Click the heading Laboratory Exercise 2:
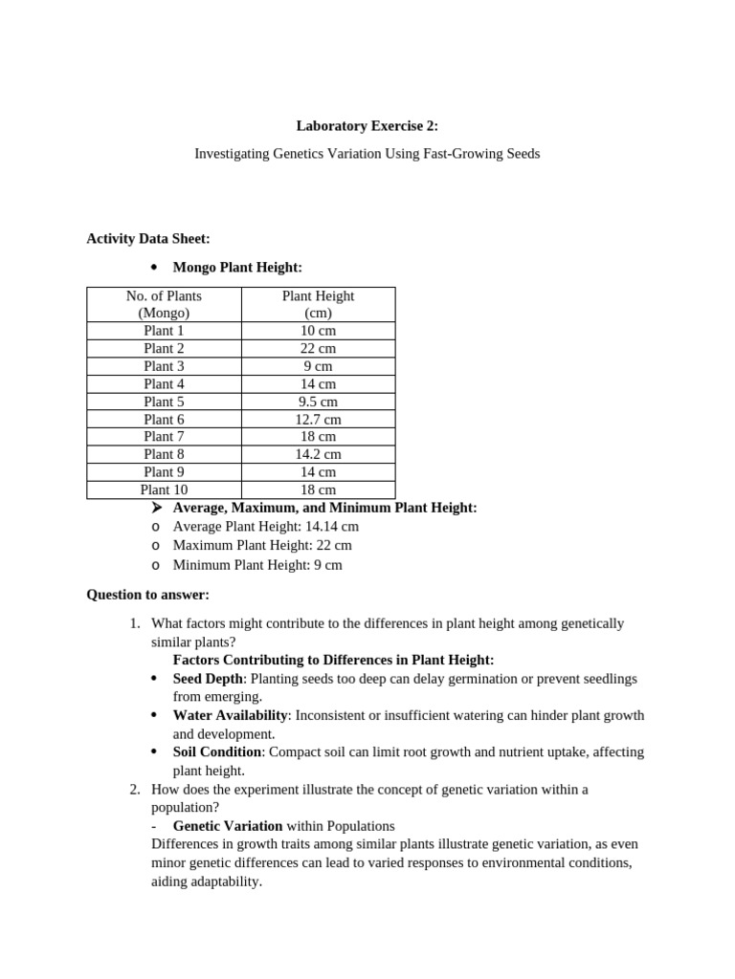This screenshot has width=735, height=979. [x=367, y=125]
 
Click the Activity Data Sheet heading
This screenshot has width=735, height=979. [x=147, y=238]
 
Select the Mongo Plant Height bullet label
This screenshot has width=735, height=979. [x=237, y=268]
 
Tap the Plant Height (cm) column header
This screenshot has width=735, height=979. [x=318, y=304]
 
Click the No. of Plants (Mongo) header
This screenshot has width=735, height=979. [x=164, y=304]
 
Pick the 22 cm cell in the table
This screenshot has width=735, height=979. [x=318, y=349]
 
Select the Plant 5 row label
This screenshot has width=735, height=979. [x=164, y=402]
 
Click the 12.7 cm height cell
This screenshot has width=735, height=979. [x=318, y=419]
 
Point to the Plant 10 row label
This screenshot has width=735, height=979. [x=164, y=489]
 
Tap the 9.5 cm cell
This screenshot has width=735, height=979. [x=318, y=402]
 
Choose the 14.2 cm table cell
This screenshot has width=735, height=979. [x=318, y=454]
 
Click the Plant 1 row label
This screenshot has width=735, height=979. [x=164, y=331]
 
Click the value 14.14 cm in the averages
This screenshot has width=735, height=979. [x=332, y=526]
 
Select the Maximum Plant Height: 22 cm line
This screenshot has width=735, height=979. [x=262, y=545]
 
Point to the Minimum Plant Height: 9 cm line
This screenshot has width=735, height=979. [x=257, y=564]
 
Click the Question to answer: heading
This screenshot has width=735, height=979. [x=147, y=595]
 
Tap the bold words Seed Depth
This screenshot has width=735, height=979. [x=208, y=678]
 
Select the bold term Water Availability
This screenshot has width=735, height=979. [x=230, y=715]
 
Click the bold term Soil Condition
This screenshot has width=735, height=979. [x=217, y=751]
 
